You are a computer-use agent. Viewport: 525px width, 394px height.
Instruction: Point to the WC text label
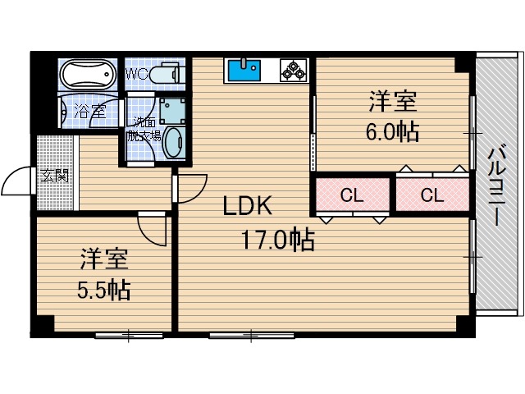coord(136,74)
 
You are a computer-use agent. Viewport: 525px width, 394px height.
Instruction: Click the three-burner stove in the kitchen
coord(293,71)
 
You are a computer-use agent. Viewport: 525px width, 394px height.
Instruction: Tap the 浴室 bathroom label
coord(88,112)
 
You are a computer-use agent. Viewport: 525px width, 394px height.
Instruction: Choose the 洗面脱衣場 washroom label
coord(144,130)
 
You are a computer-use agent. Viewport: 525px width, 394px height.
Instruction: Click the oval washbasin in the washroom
coord(174,144)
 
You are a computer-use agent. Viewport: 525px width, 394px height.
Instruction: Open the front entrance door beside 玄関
coord(18,185)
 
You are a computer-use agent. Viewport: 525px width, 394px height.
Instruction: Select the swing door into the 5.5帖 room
coord(153,227)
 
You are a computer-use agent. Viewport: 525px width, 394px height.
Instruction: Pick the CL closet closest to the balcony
coord(431,195)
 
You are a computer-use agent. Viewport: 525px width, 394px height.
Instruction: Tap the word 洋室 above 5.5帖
coord(103,260)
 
